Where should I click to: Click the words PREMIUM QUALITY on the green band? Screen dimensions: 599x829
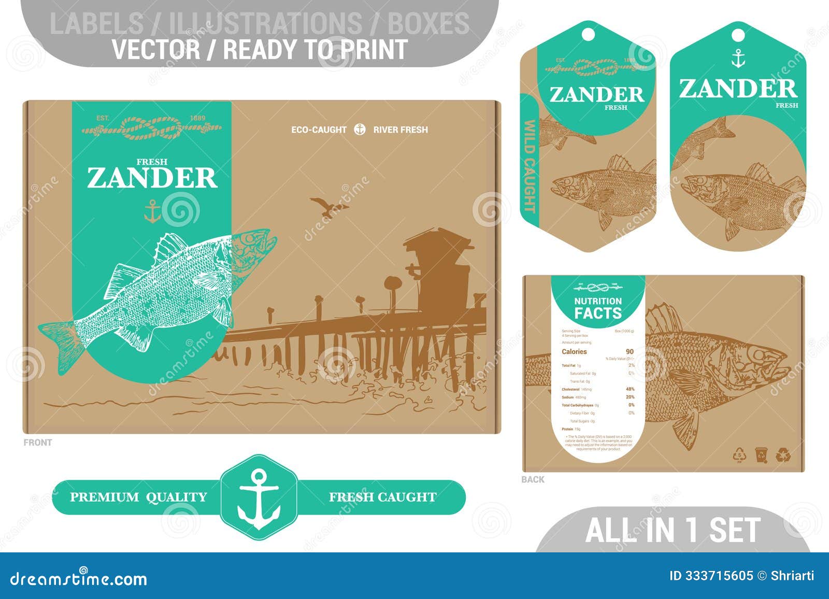pyautogui.click(x=138, y=497)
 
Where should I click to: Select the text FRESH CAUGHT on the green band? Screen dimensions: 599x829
pyautogui.click(x=382, y=497)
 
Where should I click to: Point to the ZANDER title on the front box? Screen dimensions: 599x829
pyautogui.click(x=152, y=178)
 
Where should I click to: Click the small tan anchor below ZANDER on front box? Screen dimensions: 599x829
pyautogui.click(x=152, y=212)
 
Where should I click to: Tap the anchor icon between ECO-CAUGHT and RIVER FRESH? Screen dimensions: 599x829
pyautogui.click(x=360, y=130)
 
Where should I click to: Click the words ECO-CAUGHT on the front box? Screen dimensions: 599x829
pyautogui.click(x=319, y=130)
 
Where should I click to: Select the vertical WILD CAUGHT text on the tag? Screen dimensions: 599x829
pyautogui.click(x=530, y=166)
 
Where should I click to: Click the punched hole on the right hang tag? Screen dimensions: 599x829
pyautogui.click(x=738, y=35)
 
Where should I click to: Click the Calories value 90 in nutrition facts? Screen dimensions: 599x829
pyautogui.click(x=630, y=352)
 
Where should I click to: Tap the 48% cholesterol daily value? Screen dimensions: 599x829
pyautogui.click(x=630, y=389)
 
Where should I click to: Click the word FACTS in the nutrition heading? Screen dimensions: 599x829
pyautogui.click(x=598, y=313)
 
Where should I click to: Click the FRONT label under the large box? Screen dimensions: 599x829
pyautogui.click(x=38, y=443)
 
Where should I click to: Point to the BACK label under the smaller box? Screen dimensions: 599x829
pyautogui.click(x=533, y=479)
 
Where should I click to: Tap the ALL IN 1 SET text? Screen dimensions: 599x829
pyautogui.click(x=673, y=530)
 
